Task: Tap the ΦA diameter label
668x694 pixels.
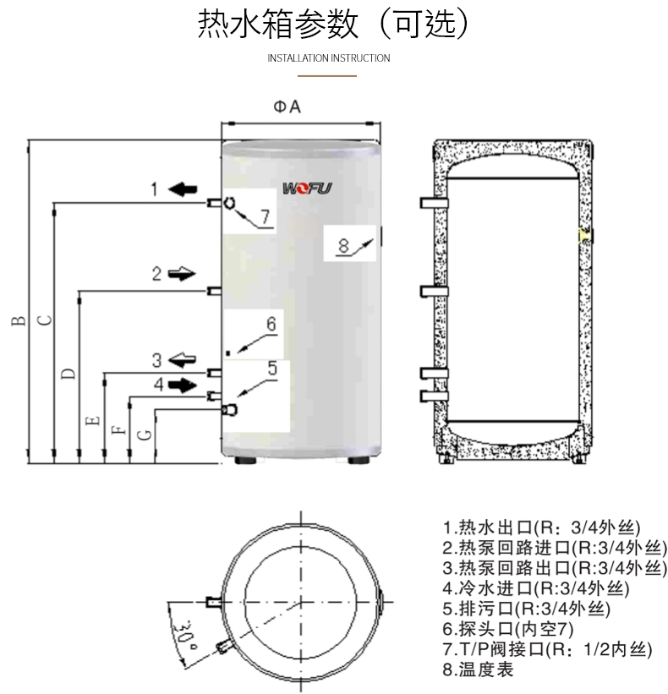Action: [287, 107]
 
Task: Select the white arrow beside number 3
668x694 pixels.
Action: [181, 359]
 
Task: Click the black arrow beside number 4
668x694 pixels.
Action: [181, 384]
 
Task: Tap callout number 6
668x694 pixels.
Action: [271, 324]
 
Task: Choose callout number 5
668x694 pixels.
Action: [272, 368]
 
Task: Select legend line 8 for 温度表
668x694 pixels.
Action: [478, 669]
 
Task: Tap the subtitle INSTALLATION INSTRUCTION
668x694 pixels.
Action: [328, 58]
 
